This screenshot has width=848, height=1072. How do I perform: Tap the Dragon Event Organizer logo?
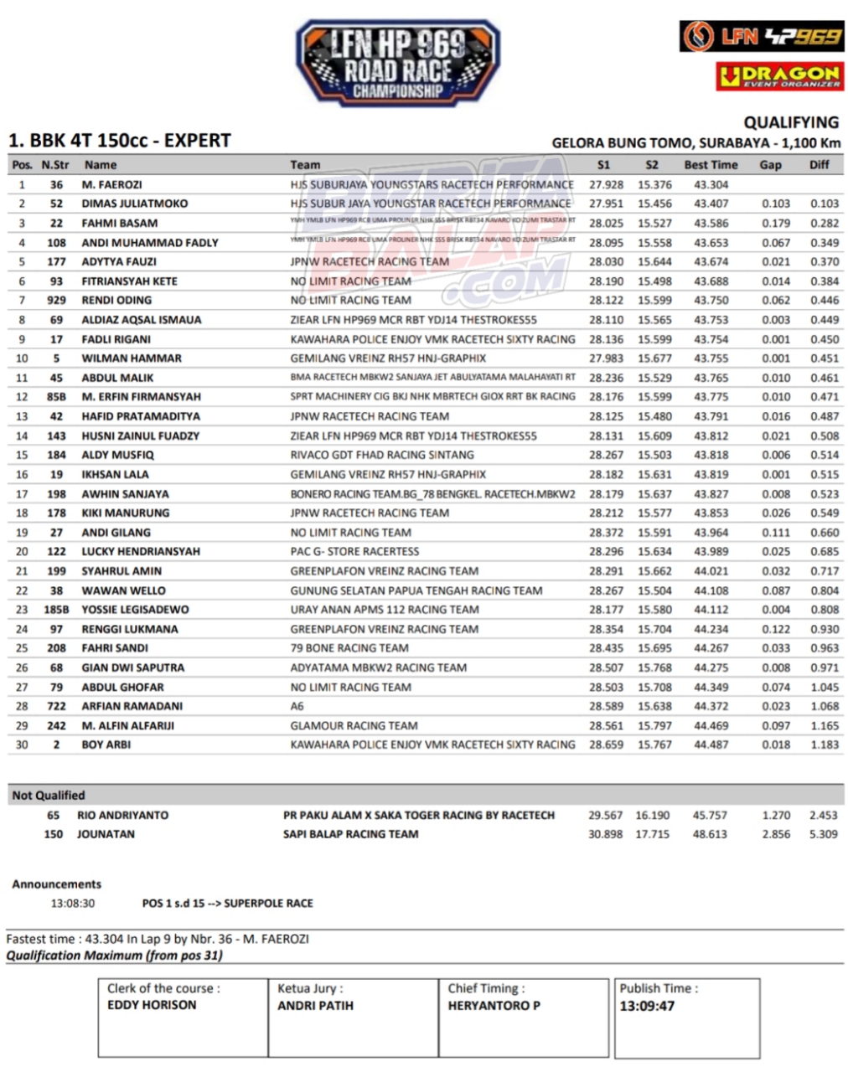779,76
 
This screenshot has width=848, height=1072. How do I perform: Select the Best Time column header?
711,165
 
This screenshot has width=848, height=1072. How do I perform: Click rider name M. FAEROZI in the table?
111,184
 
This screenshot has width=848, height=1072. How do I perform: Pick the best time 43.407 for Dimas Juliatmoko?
711,204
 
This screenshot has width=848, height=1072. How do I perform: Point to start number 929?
56,300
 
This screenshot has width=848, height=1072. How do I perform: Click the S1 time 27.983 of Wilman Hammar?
606,358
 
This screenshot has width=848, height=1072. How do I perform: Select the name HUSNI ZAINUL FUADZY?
140,435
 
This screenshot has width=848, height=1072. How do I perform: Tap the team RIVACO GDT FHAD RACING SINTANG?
382,455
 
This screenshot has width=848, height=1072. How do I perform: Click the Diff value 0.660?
825,533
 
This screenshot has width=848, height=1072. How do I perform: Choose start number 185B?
56,610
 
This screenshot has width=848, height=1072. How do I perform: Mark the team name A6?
297,706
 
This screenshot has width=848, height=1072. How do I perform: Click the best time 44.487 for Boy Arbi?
711,745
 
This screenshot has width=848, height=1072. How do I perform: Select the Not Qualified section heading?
49,796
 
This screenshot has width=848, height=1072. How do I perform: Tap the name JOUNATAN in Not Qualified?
106,834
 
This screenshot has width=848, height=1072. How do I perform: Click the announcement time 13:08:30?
73,904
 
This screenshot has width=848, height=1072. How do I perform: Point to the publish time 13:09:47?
647,1006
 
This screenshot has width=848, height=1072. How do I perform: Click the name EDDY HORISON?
152,1005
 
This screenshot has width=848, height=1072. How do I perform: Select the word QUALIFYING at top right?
790,122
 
